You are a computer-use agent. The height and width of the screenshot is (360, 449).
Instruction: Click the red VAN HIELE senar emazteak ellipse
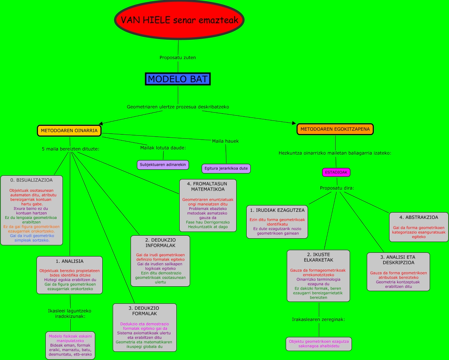click(179, 20)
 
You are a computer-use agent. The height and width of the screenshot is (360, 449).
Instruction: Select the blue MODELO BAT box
click(178, 79)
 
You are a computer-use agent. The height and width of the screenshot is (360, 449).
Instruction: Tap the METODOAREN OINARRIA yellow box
click(69, 131)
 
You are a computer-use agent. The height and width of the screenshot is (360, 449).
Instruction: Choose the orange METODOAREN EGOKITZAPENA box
click(335, 129)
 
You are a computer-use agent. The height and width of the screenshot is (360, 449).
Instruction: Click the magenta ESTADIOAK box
click(336, 172)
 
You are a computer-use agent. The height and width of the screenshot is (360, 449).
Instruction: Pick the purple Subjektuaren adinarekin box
click(163, 165)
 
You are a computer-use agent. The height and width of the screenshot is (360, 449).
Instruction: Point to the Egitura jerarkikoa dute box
click(226, 169)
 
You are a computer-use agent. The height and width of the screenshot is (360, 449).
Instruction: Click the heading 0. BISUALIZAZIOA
click(31, 180)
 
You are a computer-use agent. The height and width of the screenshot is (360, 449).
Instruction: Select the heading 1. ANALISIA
click(70, 261)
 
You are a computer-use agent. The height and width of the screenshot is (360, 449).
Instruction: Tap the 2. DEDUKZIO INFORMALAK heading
click(160, 243)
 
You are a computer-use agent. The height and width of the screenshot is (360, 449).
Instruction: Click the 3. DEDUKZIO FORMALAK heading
click(144, 311)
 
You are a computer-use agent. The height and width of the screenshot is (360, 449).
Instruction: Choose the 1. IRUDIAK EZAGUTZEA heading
click(277, 210)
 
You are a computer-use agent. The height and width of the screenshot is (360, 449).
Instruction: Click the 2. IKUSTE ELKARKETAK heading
click(318, 257)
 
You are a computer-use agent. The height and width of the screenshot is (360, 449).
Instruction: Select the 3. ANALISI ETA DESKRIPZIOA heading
click(398, 259)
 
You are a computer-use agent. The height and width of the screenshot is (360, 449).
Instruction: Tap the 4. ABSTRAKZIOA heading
click(419, 217)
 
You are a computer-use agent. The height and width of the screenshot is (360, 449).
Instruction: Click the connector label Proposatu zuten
click(177, 58)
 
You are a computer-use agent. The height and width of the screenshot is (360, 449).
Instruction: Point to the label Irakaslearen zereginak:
click(318, 319)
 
